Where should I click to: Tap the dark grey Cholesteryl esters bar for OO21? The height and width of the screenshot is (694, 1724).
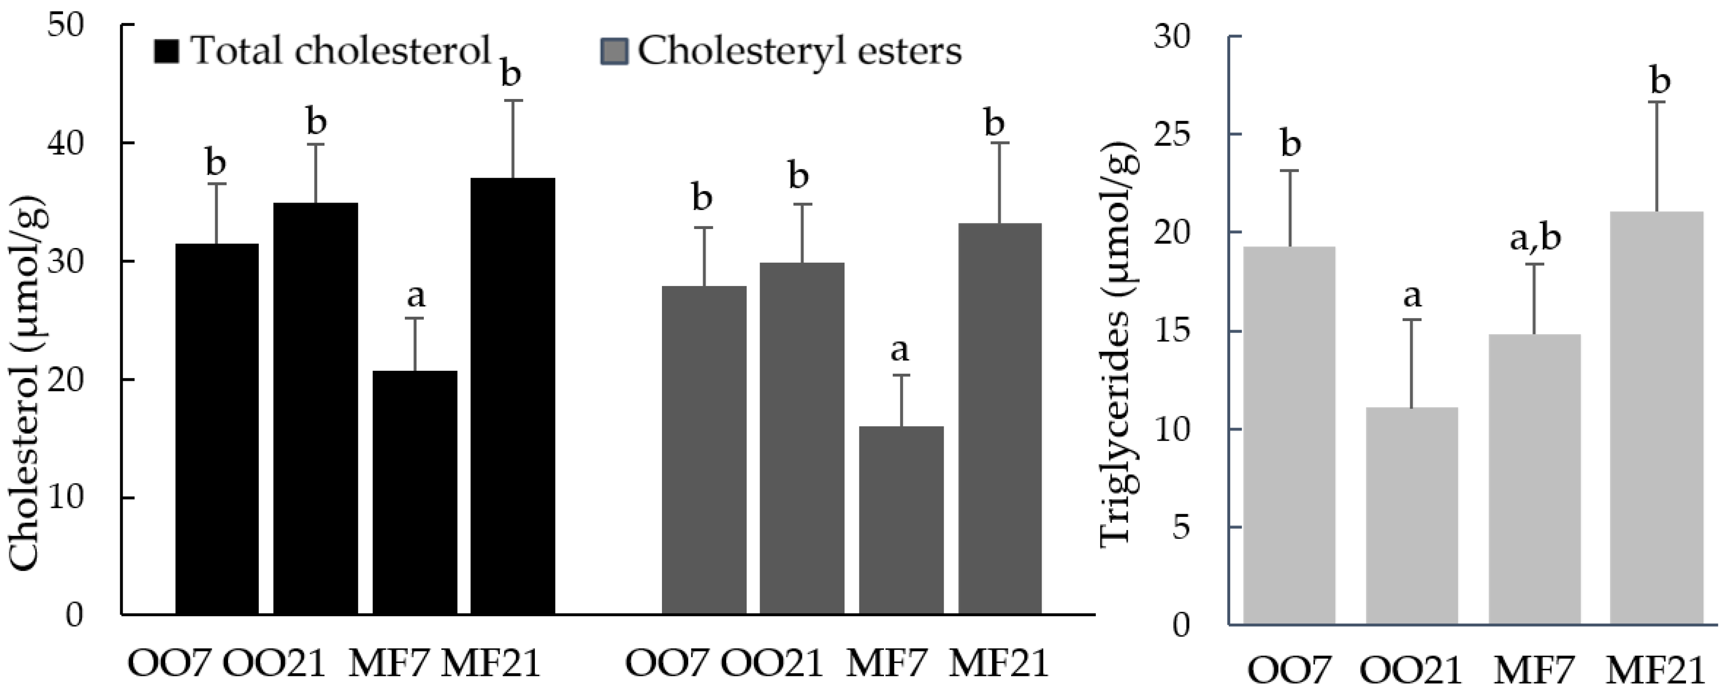tap(802, 438)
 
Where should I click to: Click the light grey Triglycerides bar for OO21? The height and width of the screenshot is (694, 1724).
tap(1412, 515)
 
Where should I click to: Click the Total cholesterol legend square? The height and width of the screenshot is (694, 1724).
tap(167, 51)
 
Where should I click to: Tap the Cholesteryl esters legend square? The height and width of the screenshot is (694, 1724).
tap(613, 51)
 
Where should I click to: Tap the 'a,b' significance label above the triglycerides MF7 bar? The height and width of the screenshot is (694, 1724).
tap(1535, 238)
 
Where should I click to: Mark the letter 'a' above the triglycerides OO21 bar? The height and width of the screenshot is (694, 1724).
tap(1412, 295)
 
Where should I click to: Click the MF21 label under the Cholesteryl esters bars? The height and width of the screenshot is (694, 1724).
tap(999, 663)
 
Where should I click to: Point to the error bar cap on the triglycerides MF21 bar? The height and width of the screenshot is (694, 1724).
tap(1657, 102)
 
